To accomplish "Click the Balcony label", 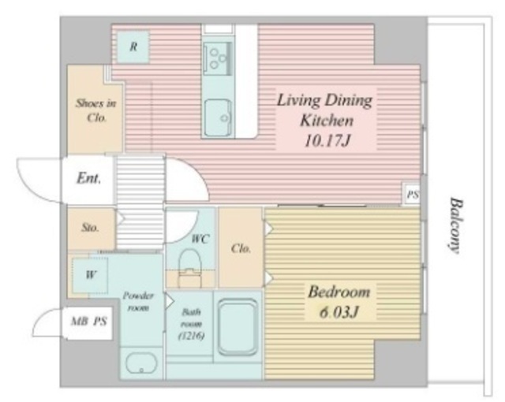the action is pyautogui.click(x=456, y=225).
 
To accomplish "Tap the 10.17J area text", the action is pyautogui.click(x=327, y=141).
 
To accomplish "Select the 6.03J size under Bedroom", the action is pyautogui.click(x=339, y=312).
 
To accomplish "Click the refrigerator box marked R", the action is pyautogui.click(x=133, y=47).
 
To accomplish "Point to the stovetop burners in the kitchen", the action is pyautogui.click(x=218, y=58).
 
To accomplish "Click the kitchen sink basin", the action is pyautogui.click(x=219, y=117).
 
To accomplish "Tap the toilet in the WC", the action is pyautogui.click(x=189, y=267).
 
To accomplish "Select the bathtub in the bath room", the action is pyautogui.click(x=238, y=327).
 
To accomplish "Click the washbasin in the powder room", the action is pyautogui.click(x=141, y=363).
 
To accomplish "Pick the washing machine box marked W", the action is pyautogui.click(x=90, y=275).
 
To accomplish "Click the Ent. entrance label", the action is pyautogui.click(x=89, y=178).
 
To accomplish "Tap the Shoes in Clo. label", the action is pyautogui.click(x=96, y=110).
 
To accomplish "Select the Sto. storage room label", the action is pyautogui.click(x=90, y=227).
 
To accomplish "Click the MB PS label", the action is pyautogui.click(x=88, y=321).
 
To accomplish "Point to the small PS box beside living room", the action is pyautogui.click(x=413, y=194).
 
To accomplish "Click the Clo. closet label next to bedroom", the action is pyautogui.click(x=241, y=248).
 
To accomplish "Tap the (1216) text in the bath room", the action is pyautogui.click(x=191, y=336).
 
